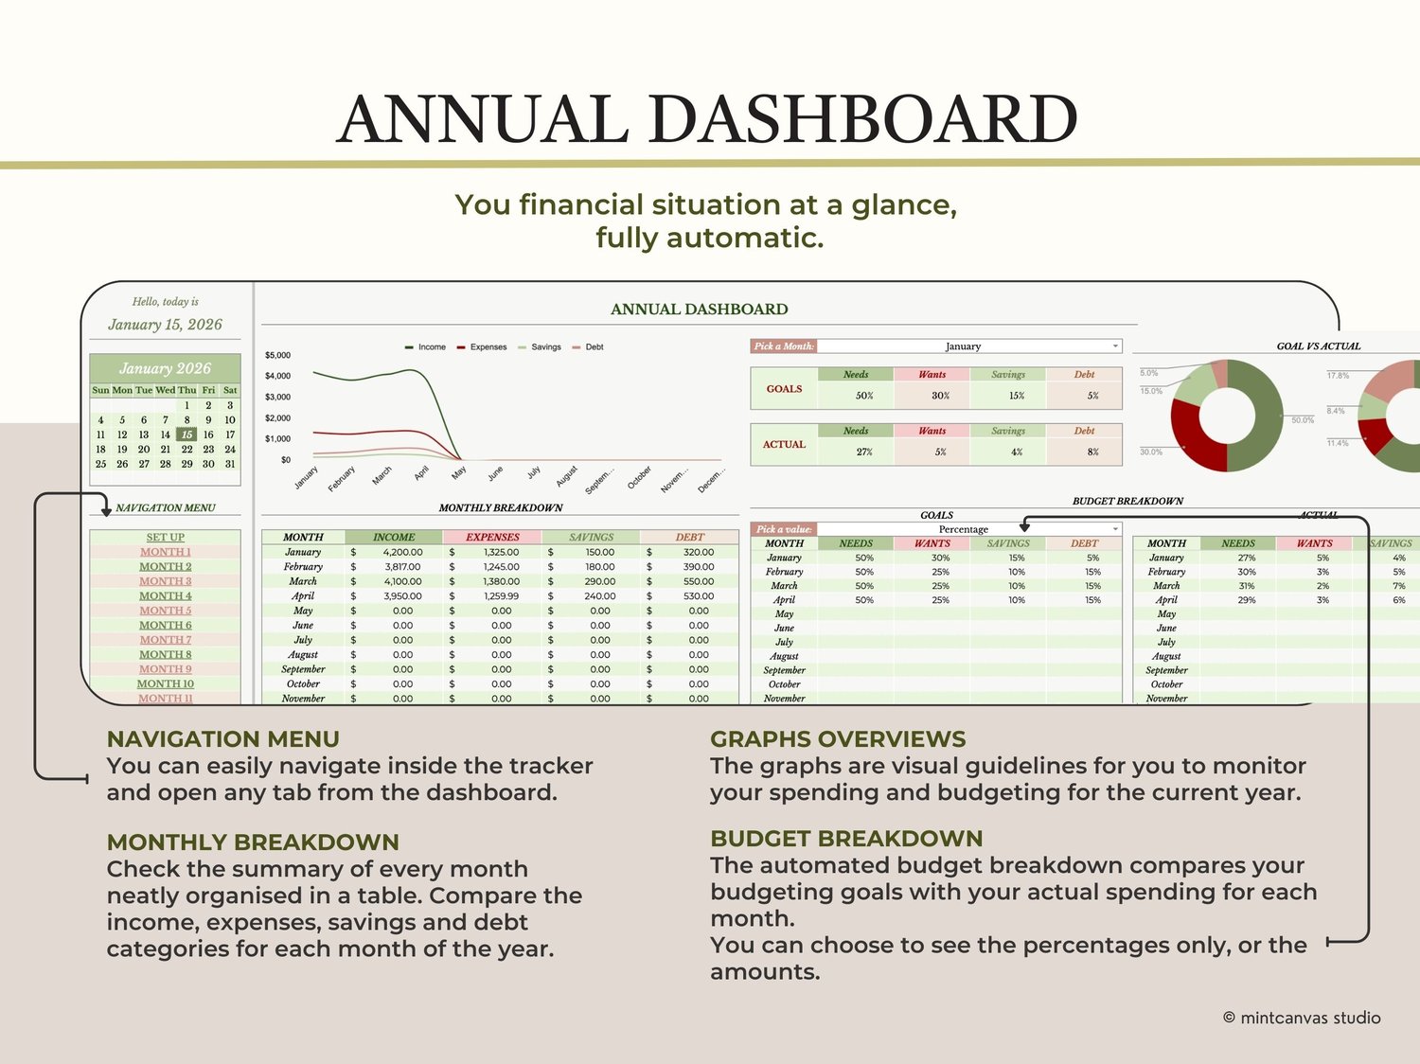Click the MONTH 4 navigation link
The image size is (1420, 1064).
(166, 596)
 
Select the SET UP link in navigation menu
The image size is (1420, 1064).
(166, 538)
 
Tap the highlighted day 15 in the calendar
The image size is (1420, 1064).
(186, 434)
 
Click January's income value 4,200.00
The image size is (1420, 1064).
(402, 552)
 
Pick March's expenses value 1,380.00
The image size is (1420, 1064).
(501, 581)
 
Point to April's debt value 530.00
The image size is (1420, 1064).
(699, 596)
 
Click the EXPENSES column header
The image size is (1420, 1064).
(492, 537)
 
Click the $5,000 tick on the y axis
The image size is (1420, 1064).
(277, 356)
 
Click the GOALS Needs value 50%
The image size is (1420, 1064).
(864, 396)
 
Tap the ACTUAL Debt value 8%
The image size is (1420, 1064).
(1092, 452)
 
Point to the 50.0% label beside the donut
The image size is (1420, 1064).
(1303, 420)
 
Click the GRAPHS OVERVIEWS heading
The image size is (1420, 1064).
(838, 739)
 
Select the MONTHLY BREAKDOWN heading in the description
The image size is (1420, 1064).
(253, 842)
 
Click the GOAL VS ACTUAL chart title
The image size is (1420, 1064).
(1318, 346)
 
